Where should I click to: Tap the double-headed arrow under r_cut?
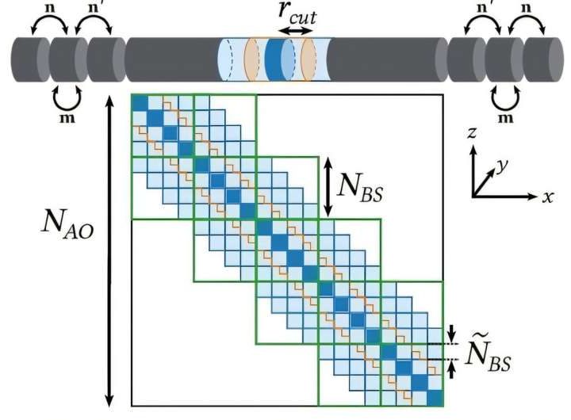pyautogui.click(x=297, y=30)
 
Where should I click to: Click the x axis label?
pyautogui.click(x=547, y=197)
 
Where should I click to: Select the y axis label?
pyautogui.click(x=501, y=165)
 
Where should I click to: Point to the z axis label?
pyautogui.click(x=471, y=133)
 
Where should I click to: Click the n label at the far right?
pyautogui.click(x=527, y=7)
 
